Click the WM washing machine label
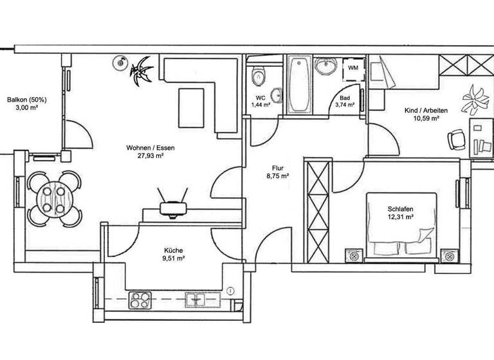[353, 67]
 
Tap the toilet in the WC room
[259, 76]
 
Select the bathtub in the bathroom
[298, 85]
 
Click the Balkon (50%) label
[27, 100]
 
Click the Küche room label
[174, 250]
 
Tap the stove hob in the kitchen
[140, 299]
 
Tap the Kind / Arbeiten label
[425, 111]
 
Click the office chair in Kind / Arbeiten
[456, 138]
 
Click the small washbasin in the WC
[276, 94]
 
